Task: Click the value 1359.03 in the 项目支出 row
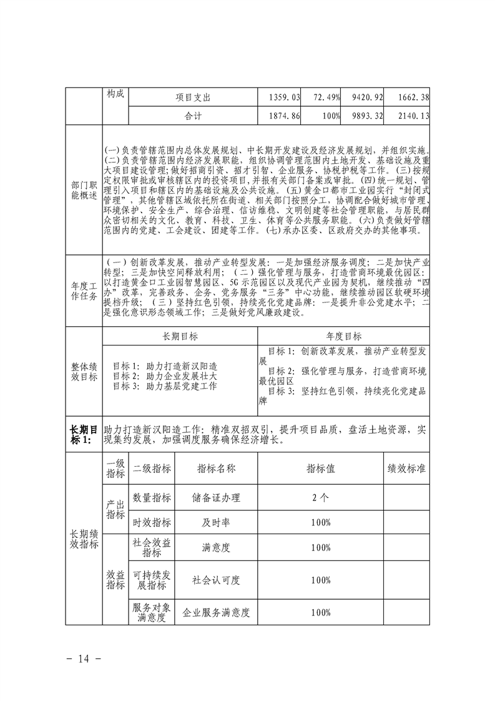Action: [284, 97]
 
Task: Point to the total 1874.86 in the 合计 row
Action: [284, 116]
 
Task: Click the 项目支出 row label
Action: [194, 97]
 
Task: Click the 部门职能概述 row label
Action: [84, 191]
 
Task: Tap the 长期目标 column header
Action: [180, 336]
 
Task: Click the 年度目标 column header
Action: [344, 336]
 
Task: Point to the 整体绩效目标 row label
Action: [84, 372]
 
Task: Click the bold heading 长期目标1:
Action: [84, 434]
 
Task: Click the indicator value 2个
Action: [320, 498]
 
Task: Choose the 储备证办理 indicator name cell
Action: [216, 498]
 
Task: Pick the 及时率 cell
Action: [216, 522]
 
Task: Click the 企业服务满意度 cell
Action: [216, 613]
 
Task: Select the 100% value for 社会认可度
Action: [320, 580]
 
